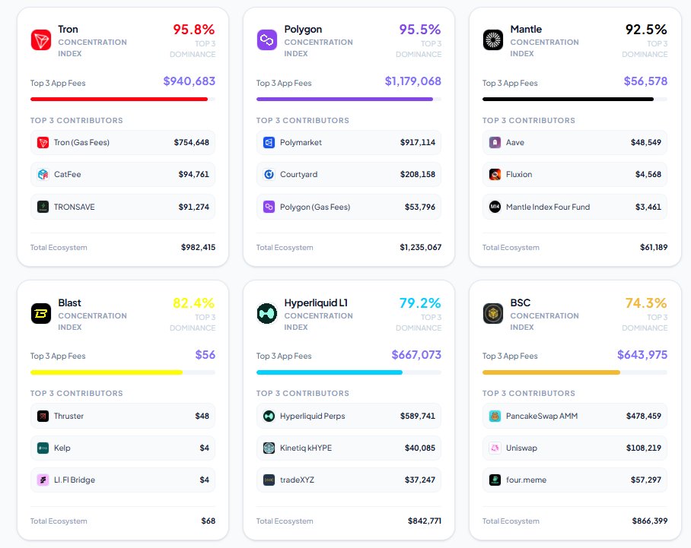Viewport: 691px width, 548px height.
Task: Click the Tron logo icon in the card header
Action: tap(41, 40)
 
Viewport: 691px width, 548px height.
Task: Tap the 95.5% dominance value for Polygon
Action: tap(420, 30)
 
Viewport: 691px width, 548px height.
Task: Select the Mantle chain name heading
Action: tap(527, 29)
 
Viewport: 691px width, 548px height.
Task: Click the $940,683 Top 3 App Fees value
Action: tap(189, 81)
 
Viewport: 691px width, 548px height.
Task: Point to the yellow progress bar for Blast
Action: tap(107, 372)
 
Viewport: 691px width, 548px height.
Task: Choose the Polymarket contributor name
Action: tap(301, 142)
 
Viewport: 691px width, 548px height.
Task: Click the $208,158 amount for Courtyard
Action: tap(418, 174)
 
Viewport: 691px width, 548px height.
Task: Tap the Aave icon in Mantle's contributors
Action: tap(495, 142)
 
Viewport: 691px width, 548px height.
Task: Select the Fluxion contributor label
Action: tap(519, 174)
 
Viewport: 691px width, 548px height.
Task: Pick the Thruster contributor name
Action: tap(69, 416)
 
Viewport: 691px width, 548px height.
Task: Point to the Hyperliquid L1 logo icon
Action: tap(267, 313)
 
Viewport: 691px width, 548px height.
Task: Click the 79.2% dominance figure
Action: tap(420, 303)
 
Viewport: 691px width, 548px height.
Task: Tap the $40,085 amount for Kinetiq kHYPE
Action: tap(420, 448)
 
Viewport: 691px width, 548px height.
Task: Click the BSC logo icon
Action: tap(493, 313)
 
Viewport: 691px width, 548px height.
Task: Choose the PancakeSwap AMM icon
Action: tap(495, 416)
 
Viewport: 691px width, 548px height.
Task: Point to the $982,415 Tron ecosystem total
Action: tap(198, 247)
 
